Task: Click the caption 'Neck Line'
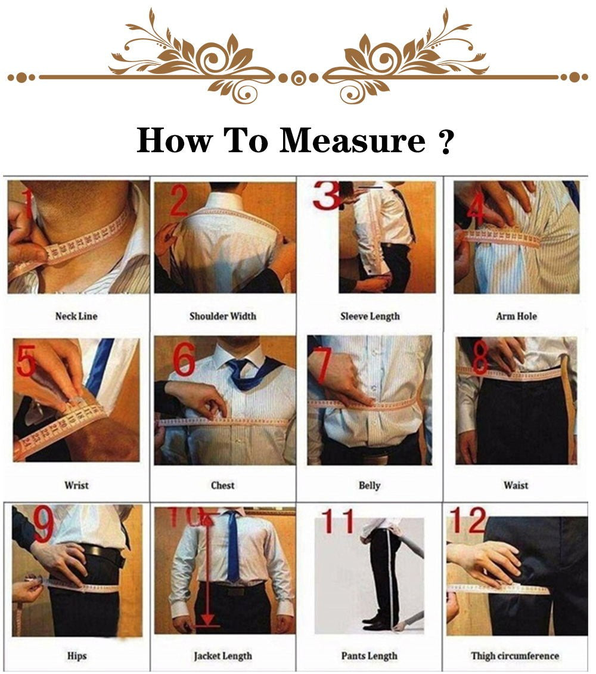tap(76, 316)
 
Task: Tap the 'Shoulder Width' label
tap(222, 316)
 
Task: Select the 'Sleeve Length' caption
tap(370, 316)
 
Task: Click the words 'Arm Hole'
tap(516, 316)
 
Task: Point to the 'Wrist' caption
tap(76, 485)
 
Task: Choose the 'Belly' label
tap(370, 485)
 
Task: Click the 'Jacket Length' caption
tap(222, 656)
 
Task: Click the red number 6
tap(184, 361)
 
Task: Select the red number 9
tap(44, 525)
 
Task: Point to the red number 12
tap(468, 521)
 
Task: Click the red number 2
tap(179, 201)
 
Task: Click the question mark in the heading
tap(446, 141)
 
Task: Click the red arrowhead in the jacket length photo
tap(206, 620)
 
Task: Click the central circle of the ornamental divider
tap(299, 78)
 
